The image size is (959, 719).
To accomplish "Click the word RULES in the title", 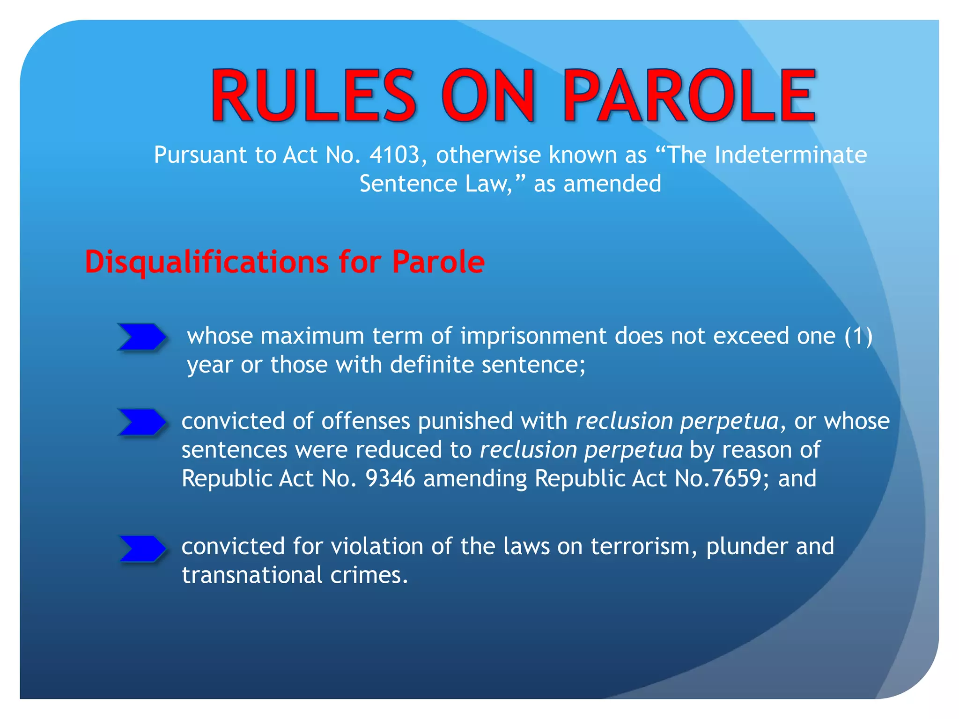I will [313, 96].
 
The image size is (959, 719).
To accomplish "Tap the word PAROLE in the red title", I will [689, 96].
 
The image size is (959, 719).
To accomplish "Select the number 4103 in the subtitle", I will [394, 155].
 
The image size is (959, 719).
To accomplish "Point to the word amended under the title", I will [612, 183].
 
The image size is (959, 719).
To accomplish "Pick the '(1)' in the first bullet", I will [858, 336].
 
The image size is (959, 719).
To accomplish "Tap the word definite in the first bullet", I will [432, 365].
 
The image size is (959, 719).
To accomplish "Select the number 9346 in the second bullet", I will [390, 478].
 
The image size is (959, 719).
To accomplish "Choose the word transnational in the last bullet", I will [252, 575].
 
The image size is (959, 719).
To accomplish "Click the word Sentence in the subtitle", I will [408, 183].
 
